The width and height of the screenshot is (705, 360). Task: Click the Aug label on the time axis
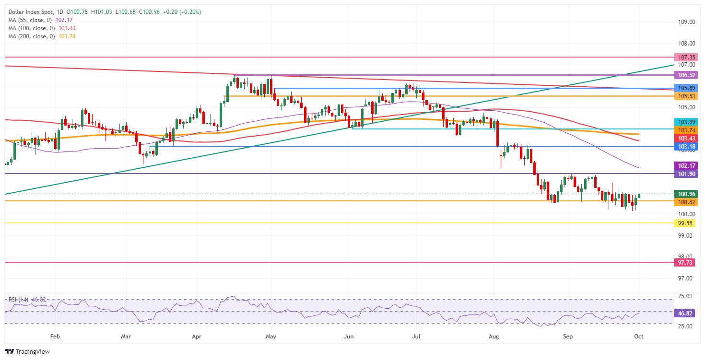(494, 337)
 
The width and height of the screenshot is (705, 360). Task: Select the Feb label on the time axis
(55, 337)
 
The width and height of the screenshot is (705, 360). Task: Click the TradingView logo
(28, 351)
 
